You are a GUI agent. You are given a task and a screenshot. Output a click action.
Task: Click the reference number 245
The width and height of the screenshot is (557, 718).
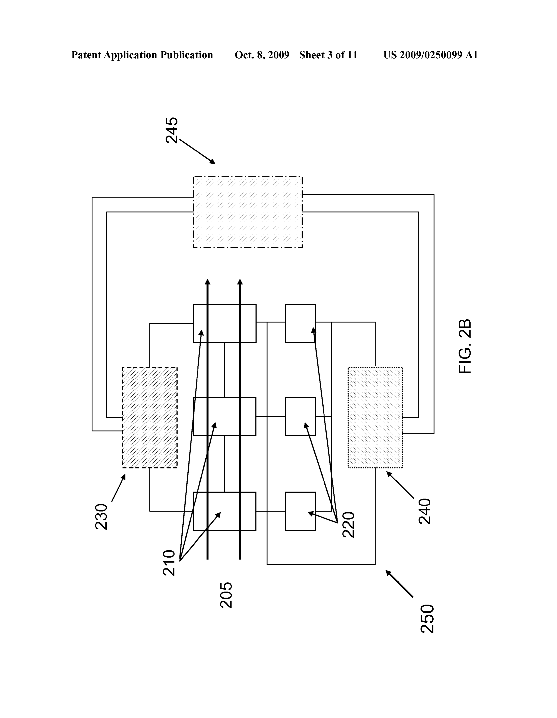pyautogui.click(x=172, y=130)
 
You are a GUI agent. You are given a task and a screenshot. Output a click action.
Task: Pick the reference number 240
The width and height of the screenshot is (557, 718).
pyautogui.click(x=424, y=511)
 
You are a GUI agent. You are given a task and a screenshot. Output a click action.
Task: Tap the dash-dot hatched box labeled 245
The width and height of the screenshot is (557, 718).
pyautogui.click(x=248, y=212)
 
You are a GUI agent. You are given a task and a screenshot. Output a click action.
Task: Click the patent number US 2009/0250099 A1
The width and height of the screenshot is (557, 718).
pyautogui.click(x=430, y=55)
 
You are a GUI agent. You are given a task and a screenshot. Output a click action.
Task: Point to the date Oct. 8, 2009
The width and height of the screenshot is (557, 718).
pyautogui.click(x=262, y=55)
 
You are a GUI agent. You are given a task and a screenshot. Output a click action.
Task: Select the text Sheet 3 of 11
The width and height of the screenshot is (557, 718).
pyautogui.click(x=328, y=55)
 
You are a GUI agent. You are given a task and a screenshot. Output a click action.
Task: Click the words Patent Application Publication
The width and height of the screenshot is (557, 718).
pyautogui.click(x=142, y=55)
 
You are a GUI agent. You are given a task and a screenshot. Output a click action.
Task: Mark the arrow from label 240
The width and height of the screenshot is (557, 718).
pyautogui.click(x=400, y=485)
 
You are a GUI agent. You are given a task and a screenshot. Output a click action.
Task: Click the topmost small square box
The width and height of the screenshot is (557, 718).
pyautogui.click(x=300, y=324)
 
